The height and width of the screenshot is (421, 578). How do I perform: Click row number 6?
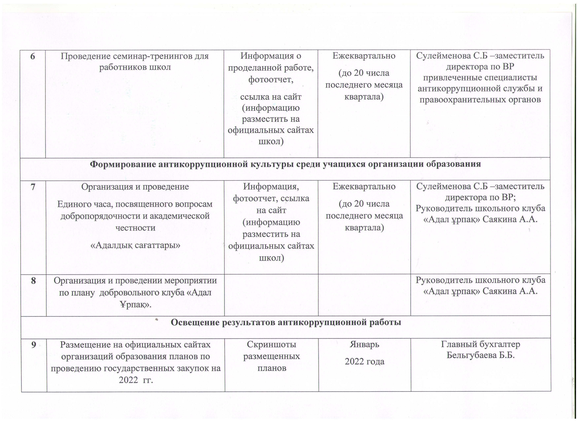pyautogui.click(x=33, y=56)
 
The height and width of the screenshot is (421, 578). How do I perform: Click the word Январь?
pyautogui.click(x=364, y=344)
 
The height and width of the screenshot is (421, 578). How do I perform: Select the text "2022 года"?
pyautogui.click(x=364, y=362)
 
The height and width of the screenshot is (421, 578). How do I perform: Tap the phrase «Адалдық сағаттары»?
pyautogui.click(x=135, y=245)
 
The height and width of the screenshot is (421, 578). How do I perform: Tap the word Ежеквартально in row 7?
pyautogui.click(x=364, y=187)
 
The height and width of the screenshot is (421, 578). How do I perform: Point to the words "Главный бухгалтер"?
pyautogui.click(x=481, y=344)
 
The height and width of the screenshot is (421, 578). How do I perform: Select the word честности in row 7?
pyautogui.click(x=135, y=228)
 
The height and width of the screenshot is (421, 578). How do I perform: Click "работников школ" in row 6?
pyautogui.click(x=135, y=67)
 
